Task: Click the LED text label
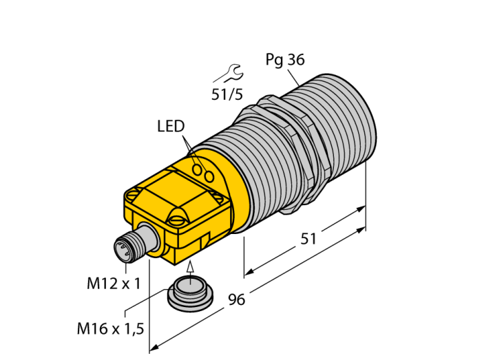tap(171, 126)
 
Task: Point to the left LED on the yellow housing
tap(197, 169)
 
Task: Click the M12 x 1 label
tap(114, 283)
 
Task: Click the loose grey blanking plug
tap(187, 291)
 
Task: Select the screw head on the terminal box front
tap(177, 220)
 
